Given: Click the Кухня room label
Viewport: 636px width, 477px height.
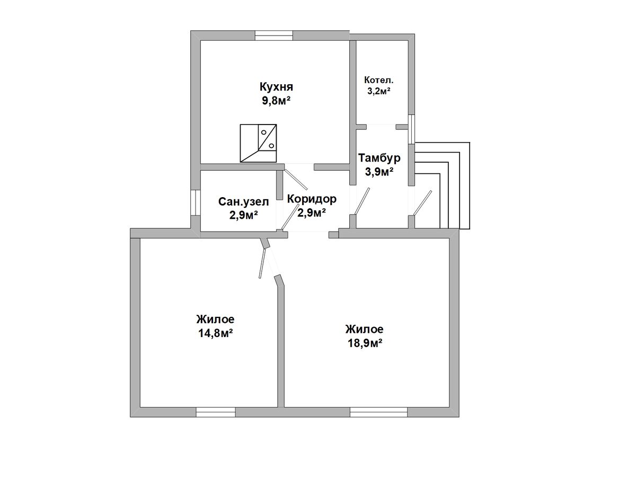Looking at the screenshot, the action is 276,86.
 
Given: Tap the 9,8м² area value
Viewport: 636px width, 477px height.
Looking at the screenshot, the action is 276,101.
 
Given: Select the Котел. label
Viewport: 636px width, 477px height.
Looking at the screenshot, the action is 379,79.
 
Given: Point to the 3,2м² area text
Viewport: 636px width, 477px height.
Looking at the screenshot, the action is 379,91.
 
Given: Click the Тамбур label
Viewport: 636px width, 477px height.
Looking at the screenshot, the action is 379,158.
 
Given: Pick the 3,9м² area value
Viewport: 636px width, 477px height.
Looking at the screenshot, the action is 379,172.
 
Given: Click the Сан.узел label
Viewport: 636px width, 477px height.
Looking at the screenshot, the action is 243,201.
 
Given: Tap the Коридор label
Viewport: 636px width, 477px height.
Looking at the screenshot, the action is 312,199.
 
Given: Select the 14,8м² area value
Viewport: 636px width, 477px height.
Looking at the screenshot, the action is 216,333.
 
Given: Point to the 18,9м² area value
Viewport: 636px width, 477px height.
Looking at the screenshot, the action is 365,343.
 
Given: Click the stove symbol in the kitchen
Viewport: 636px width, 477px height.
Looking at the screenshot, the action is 258,143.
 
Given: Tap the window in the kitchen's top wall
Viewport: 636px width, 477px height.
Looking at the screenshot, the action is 274,36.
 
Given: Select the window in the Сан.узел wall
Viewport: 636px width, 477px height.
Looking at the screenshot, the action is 195,202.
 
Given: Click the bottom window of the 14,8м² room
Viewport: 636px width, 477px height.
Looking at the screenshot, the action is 216,412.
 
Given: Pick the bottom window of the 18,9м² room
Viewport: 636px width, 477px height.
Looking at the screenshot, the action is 379,412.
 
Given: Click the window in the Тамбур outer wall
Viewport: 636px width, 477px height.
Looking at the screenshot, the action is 411,129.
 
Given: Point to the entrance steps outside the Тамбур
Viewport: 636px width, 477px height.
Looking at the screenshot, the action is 442,185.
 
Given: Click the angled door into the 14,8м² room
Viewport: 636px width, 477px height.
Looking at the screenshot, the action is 262,263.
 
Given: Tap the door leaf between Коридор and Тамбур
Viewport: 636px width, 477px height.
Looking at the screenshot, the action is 361,201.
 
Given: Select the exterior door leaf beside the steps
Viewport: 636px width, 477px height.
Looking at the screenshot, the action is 423,203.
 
